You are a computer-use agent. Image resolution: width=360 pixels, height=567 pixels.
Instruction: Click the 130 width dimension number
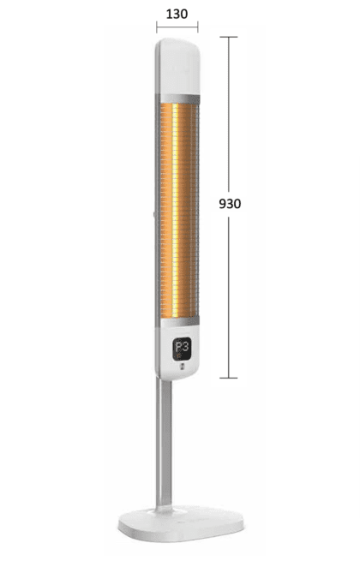pyautogui.click(x=177, y=15)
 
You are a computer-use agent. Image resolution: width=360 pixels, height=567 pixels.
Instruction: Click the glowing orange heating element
pyautogui.click(x=177, y=206)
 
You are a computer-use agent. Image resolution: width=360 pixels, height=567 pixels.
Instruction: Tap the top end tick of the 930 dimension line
pyautogui.click(x=228, y=37)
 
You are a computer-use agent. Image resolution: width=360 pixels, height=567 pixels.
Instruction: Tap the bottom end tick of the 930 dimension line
pyautogui.click(x=228, y=377)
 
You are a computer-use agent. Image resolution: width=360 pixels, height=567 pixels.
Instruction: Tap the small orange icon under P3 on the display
pyautogui.click(x=177, y=356)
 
